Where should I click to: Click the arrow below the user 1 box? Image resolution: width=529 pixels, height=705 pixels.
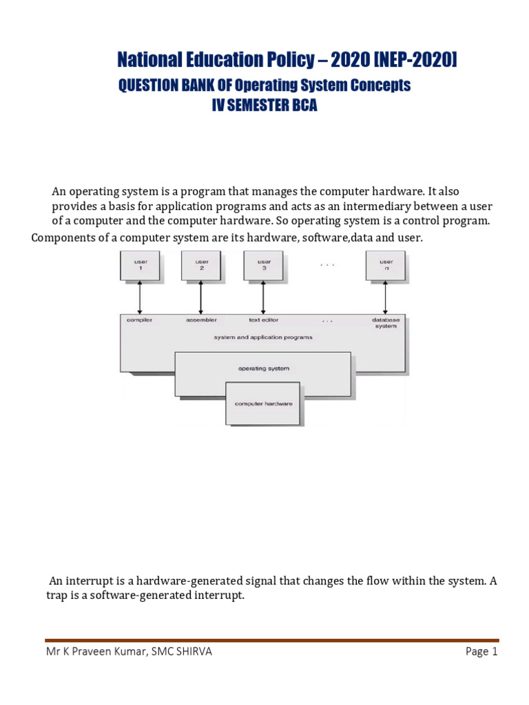(x=140, y=297)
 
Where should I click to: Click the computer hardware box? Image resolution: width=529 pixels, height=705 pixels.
(x=263, y=403)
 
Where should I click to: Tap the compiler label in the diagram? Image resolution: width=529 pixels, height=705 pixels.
(x=140, y=320)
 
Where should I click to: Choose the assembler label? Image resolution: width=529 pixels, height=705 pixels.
(x=201, y=320)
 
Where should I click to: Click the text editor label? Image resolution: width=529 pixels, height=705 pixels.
(x=264, y=320)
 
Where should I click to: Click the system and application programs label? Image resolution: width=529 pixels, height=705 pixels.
(x=263, y=337)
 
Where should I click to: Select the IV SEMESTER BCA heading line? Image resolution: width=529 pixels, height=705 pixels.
(x=264, y=107)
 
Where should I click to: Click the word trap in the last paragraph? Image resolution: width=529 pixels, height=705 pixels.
(x=48, y=596)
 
